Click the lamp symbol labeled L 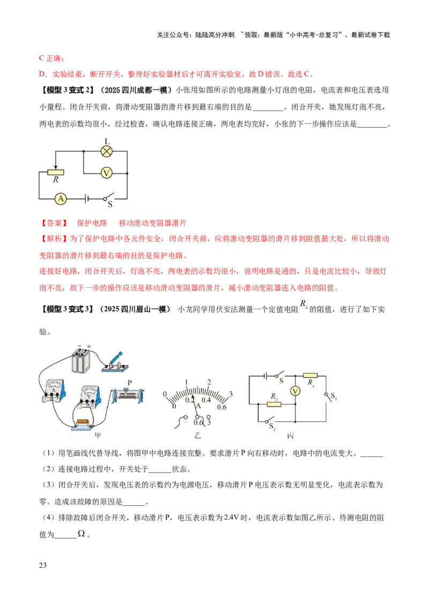coord(107,151)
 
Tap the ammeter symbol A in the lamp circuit coord(61,199)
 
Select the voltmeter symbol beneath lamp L coord(107,173)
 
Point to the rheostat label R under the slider coord(56,179)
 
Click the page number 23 coord(42,565)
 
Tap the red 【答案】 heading coord(54,223)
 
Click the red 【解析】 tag coord(54,238)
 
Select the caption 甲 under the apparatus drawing coord(98,436)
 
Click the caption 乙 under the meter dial coord(197,436)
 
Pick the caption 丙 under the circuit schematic coord(291,436)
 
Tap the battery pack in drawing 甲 coord(82,360)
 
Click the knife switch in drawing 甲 coord(115,363)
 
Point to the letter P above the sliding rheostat coord(129,383)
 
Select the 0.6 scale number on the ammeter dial coord(221,407)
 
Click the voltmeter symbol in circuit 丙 coord(295,391)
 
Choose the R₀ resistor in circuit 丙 coord(274,404)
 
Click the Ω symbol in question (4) coord(82,533)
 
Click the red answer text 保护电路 coord(92,223)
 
